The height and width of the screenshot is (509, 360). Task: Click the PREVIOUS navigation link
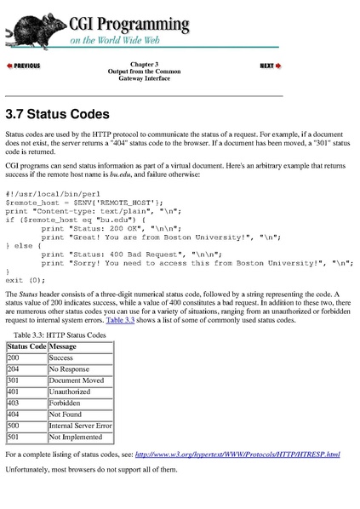[x=23, y=66]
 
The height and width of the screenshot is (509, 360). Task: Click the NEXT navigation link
[x=269, y=66]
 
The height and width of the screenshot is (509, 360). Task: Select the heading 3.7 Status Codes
[x=58, y=114]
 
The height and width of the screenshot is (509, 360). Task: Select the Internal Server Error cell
[x=80, y=426]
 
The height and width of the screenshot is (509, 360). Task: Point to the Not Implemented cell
[x=75, y=437]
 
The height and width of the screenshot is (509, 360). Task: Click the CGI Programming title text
[x=129, y=20]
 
